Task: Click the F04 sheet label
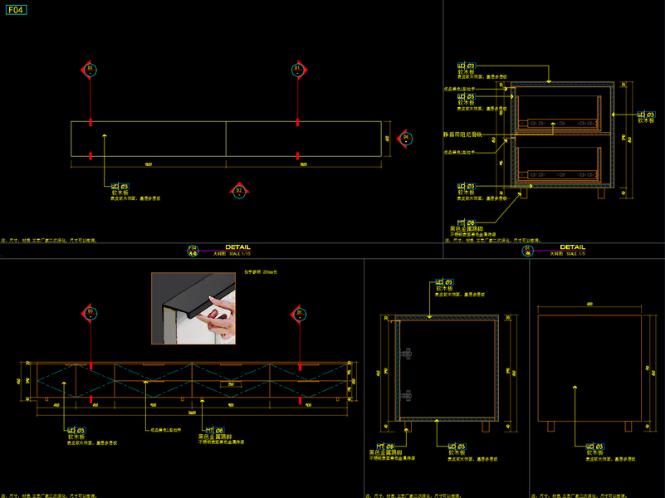pos(16,11)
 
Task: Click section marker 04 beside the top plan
pos(405,138)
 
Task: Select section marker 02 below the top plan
pos(239,191)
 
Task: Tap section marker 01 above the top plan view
pos(297,70)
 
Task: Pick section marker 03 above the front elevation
pos(90,314)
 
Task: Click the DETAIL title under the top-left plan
pos(237,247)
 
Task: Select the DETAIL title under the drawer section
pos(572,247)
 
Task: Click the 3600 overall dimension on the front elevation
pos(192,413)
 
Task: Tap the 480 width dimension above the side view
pos(589,305)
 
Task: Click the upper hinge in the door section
pos(406,354)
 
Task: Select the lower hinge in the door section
pos(406,395)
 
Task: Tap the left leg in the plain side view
pos(550,426)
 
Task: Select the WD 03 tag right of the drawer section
pos(645,115)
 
